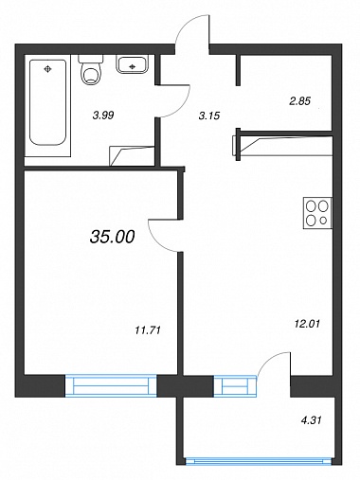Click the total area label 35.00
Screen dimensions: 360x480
click(x=113, y=237)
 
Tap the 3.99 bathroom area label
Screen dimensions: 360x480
click(x=103, y=116)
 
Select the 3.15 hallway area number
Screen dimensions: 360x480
click(x=209, y=116)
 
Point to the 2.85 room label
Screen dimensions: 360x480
click(x=300, y=101)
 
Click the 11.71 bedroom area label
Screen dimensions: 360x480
click(x=148, y=330)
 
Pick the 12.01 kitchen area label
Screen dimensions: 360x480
click(x=307, y=324)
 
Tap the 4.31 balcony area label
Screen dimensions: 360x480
click(x=311, y=420)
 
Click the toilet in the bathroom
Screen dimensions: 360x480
click(x=91, y=69)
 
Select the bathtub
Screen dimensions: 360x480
click(x=47, y=102)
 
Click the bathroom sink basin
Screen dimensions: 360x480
click(x=133, y=64)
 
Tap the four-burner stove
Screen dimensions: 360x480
click(x=317, y=213)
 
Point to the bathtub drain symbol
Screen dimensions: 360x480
click(x=47, y=68)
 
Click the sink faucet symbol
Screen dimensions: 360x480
click(x=133, y=66)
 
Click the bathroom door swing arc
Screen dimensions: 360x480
click(x=184, y=108)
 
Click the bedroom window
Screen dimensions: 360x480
click(x=111, y=385)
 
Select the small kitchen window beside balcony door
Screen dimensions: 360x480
click(x=236, y=385)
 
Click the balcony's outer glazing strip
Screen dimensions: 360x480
click(x=259, y=461)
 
